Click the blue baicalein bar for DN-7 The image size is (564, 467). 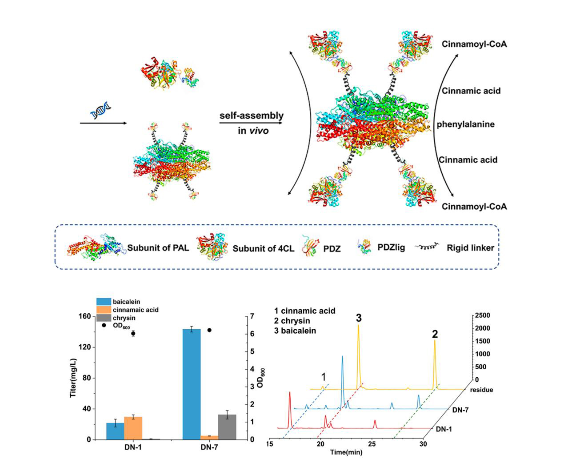192,384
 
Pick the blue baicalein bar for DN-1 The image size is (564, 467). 115,431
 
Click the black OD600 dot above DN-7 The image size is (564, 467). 209,330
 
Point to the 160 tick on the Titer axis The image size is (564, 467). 84,316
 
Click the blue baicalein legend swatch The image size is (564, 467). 104,302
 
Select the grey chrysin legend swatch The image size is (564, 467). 104,318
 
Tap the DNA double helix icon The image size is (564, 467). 100,110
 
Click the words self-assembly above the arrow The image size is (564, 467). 252,116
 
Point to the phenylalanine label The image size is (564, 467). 465,124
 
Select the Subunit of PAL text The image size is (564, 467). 158,248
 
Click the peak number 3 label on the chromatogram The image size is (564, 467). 359,318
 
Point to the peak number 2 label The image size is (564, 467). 435,334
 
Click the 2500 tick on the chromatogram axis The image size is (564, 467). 482,315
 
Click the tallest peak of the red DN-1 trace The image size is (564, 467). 290,393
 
